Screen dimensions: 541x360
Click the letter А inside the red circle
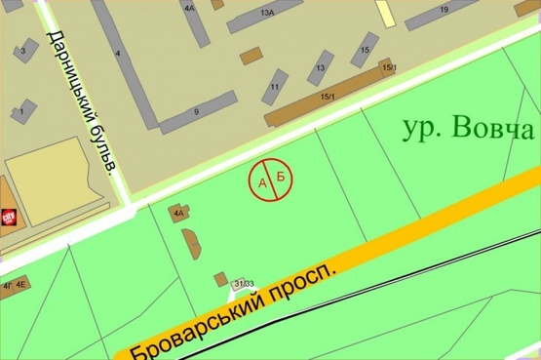click(x=261, y=181)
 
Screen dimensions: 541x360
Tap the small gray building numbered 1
click(x=20, y=113)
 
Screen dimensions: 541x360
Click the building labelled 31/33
click(x=239, y=284)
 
